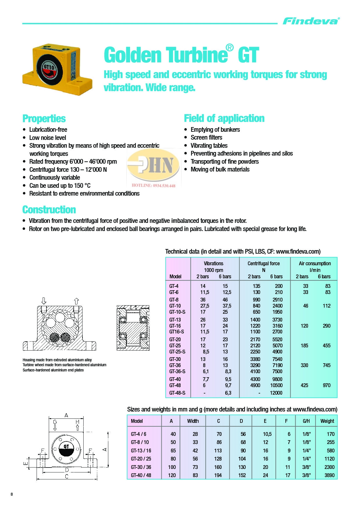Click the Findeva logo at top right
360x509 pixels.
click(311, 21)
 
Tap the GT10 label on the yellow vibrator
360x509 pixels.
click(49, 68)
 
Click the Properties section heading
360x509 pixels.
click(44, 119)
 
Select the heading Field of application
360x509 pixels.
click(224, 118)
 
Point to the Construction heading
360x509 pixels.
click(49, 210)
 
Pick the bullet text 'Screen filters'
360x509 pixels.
click(206, 138)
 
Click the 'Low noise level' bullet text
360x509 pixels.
click(48, 138)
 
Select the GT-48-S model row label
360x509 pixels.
click(177, 393)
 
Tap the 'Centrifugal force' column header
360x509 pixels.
click(264, 263)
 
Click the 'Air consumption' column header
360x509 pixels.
click(315, 263)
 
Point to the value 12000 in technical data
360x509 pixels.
click(276, 393)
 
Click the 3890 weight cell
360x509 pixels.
click(329, 475)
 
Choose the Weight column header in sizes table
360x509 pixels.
click(327, 421)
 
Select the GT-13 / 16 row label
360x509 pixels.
click(141, 451)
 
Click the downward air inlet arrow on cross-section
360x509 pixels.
click(44, 301)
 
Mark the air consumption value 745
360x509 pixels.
click(327, 365)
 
